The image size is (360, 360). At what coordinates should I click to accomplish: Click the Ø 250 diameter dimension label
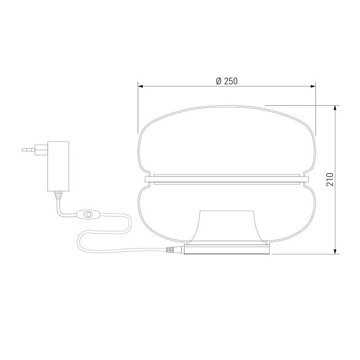[x=227, y=81]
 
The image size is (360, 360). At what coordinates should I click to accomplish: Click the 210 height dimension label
[x=330, y=179]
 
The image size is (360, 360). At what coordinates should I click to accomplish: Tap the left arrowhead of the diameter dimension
[x=141, y=86]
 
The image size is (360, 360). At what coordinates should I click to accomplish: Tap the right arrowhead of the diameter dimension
[x=313, y=86]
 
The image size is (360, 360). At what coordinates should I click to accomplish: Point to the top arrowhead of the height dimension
[x=335, y=108]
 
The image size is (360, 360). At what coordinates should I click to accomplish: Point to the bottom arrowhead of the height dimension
[x=335, y=251]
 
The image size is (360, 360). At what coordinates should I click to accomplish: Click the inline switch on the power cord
[x=87, y=214]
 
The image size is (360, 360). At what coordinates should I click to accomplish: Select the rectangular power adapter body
[x=58, y=166]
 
